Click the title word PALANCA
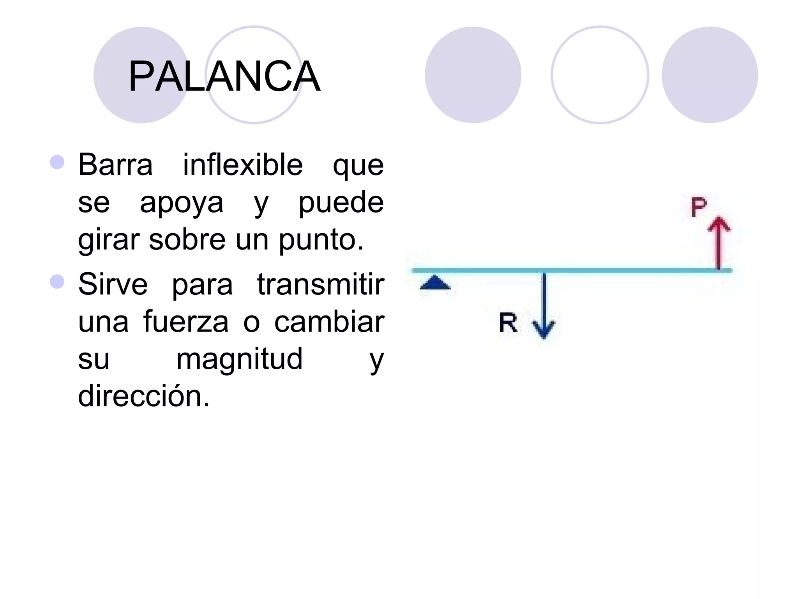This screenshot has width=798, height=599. point(224,77)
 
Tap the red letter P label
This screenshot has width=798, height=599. point(698,207)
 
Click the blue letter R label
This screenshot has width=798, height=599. point(508,323)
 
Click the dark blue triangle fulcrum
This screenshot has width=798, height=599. point(435,283)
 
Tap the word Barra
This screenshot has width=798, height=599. point(115,165)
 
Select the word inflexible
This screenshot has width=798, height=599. point(243,165)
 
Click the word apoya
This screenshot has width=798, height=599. point(182,203)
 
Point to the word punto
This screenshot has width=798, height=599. point(321,240)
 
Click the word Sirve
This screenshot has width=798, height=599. point(113,284)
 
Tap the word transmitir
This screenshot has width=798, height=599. point(321,284)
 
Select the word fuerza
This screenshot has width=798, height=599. point(186,322)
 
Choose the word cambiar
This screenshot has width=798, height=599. point(329,322)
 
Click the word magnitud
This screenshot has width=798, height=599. point(239,359)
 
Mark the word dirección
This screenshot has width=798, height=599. point(144,396)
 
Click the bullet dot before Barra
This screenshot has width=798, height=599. point(57,162)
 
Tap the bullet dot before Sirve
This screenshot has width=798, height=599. point(57,282)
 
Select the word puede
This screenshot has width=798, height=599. point(341,203)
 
